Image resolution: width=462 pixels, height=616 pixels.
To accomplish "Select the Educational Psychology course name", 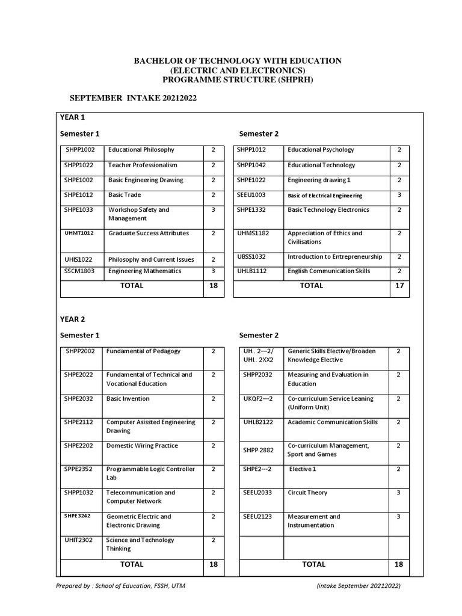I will click(x=321, y=150).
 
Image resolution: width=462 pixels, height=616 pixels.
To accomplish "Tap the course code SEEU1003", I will click(x=251, y=195).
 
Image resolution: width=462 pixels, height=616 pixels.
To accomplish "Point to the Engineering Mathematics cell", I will click(x=144, y=271).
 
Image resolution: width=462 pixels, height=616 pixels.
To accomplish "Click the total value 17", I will click(x=399, y=286).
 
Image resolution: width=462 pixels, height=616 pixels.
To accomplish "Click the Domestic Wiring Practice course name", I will click(x=142, y=446).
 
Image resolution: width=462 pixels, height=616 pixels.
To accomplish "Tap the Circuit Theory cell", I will click(x=307, y=493).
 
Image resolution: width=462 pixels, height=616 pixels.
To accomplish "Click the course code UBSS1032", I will click(x=251, y=257).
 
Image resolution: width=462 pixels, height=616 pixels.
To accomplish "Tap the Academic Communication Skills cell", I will click(x=333, y=422).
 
